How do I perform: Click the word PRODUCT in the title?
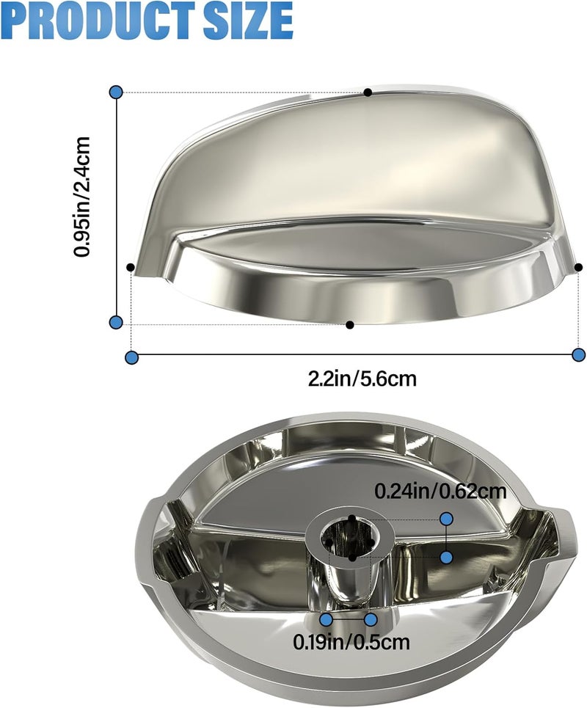tap(98, 21)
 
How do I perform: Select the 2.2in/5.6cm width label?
tap(362, 378)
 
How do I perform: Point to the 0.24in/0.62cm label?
tap(441, 491)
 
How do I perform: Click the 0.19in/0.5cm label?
tap(351, 641)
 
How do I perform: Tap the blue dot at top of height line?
tap(116, 92)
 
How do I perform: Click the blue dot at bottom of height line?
tap(116, 322)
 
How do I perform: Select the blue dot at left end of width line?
tap(131, 357)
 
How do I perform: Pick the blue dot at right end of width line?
tap(578, 354)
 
